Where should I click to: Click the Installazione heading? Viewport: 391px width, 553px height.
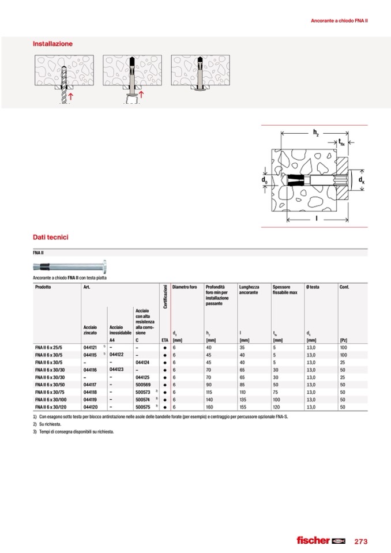[53, 43]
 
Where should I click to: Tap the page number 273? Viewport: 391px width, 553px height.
[360, 541]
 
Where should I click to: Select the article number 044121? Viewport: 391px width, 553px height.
[89, 348]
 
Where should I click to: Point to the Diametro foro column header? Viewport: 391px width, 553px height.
[185, 287]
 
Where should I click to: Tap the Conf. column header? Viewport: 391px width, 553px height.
[345, 287]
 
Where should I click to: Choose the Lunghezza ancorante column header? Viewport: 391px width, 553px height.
[249, 289]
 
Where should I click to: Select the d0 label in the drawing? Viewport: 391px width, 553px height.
[264, 180]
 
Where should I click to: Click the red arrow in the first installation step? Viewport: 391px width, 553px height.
[70, 96]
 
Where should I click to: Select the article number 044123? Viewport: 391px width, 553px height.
[118, 369]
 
